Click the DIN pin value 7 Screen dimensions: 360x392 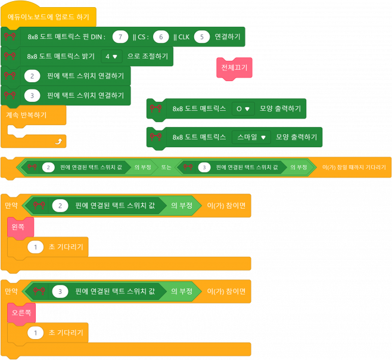121,37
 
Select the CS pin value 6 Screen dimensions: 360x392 161,37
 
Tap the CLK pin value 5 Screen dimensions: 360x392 202,37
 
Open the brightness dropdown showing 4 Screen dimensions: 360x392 111,57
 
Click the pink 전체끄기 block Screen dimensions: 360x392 234,68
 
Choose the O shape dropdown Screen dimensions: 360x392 243,108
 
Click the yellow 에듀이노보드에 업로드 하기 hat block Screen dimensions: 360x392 48,17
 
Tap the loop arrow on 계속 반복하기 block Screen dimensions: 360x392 57,141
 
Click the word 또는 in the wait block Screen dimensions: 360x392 166,167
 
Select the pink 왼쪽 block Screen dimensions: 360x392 20,227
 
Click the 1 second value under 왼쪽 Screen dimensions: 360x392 36,247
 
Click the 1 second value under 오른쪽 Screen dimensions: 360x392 36,333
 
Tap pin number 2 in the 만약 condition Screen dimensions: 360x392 60,206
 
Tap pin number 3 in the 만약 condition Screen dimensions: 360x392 60,291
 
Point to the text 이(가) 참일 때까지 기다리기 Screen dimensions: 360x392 354,167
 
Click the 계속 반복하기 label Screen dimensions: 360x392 26,114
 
